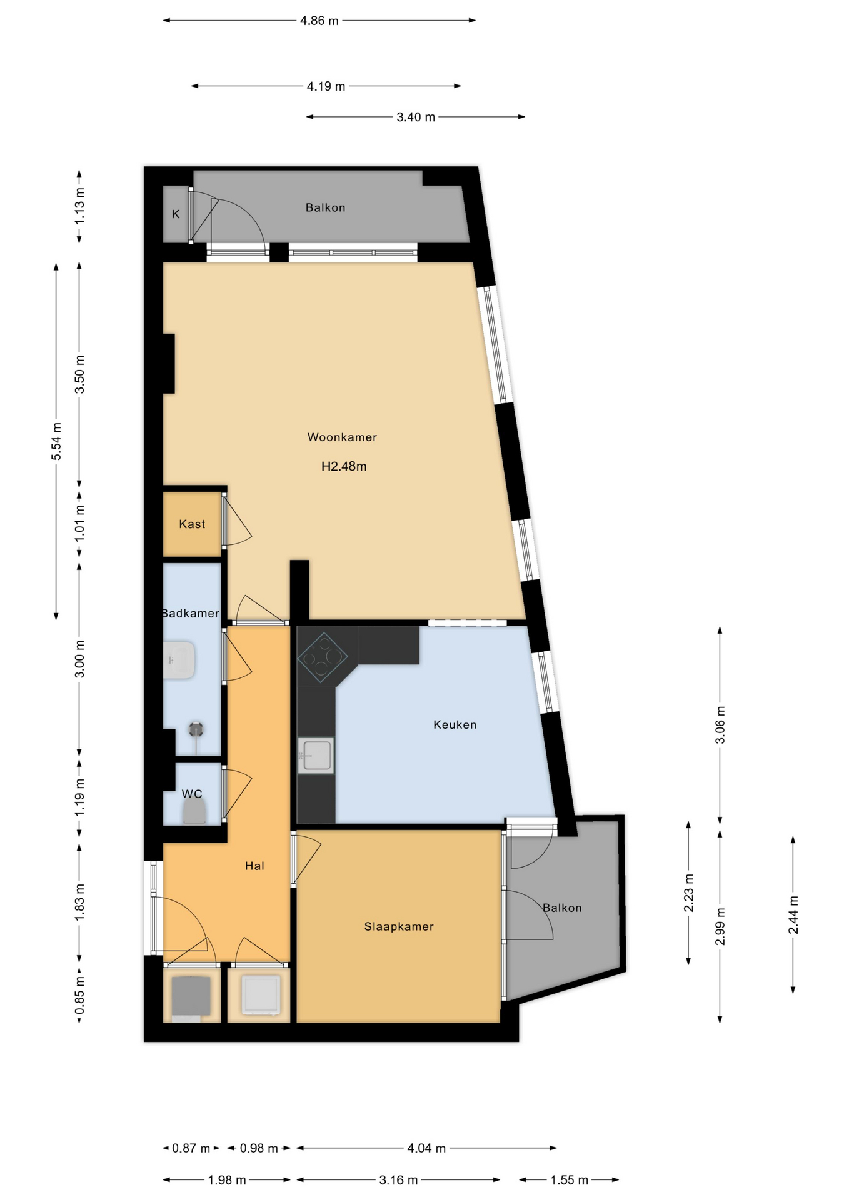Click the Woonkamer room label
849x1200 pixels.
pos(342,437)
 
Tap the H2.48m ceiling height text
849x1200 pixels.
pos(344,466)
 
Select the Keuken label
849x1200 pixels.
pos(455,725)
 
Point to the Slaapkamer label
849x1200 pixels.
pos(399,926)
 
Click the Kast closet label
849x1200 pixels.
pos(192,524)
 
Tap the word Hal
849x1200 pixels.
pos(254,866)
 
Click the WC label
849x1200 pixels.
pos(192,794)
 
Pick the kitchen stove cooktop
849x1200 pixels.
pos(323,657)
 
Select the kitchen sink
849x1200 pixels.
pos(316,756)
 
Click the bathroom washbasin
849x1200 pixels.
pos(179,660)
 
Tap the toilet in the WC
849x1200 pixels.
pos(194,813)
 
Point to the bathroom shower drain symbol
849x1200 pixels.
pos(197,729)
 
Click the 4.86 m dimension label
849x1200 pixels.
pos(319,21)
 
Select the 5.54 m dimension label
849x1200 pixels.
pos(56,441)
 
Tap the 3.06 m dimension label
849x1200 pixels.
pos(720,725)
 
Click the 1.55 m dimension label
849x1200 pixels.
pos(570,1180)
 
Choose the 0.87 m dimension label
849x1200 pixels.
pos(191,1148)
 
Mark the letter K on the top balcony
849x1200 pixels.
pos(176,214)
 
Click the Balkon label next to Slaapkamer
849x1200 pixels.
pos(562,908)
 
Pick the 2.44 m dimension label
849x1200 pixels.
pos(793,915)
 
